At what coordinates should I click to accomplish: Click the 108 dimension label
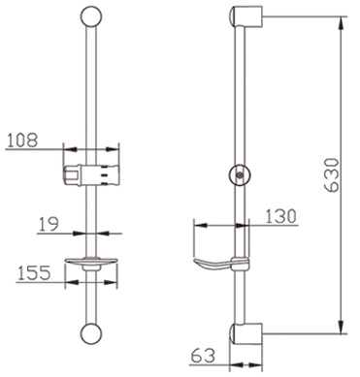pyautogui.click(x=22, y=141)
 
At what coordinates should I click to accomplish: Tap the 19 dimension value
pyautogui.click(x=49, y=224)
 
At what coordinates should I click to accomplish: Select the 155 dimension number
pyautogui.click(x=34, y=273)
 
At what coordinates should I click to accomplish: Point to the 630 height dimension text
pyautogui.click(x=333, y=174)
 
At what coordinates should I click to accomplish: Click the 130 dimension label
pyautogui.click(x=280, y=216)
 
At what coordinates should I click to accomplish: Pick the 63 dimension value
pyautogui.click(x=203, y=356)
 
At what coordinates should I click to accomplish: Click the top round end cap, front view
pyautogui.click(x=91, y=16)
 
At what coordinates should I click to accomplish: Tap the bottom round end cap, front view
pyautogui.click(x=91, y=334)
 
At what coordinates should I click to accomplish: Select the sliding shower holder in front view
pyautogui.click(x=89, y=175)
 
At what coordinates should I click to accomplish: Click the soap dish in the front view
pyautogui.click(x=91, y=264)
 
